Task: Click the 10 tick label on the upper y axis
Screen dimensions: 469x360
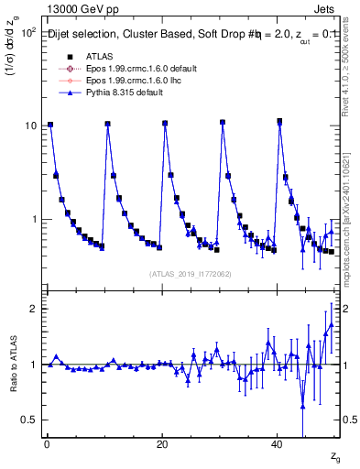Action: [x=30, y=125]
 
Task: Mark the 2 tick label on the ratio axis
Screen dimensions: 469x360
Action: [x=33, y=309]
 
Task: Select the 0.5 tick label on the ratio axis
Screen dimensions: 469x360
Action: [x=29, y=420]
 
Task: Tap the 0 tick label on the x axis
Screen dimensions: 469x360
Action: [x=47, y=444]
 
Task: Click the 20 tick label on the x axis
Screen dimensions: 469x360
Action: [x=162, y=444]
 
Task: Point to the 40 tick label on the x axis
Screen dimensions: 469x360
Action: [x=277, y=444]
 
